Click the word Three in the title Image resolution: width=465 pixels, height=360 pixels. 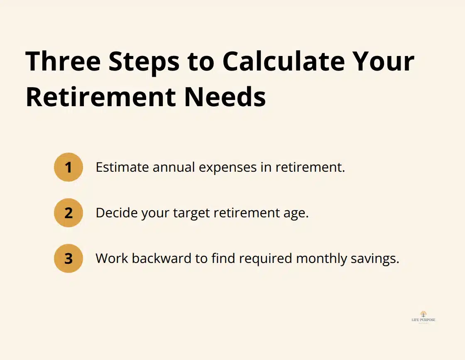click(x=63, y=61)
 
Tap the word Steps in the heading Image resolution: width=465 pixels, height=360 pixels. click(x=144, y=61)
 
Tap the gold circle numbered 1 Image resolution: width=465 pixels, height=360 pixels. click(x=69, y=167)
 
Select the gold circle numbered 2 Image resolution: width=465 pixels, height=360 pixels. click(x=69, y=213)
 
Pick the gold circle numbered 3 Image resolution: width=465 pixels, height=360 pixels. click(x=69, y=258)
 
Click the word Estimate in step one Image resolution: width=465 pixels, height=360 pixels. click(x=122, y=167)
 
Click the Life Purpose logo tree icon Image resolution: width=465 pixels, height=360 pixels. click(x=423, y=314)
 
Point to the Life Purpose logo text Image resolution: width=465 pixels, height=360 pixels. click(x=423, y=320)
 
